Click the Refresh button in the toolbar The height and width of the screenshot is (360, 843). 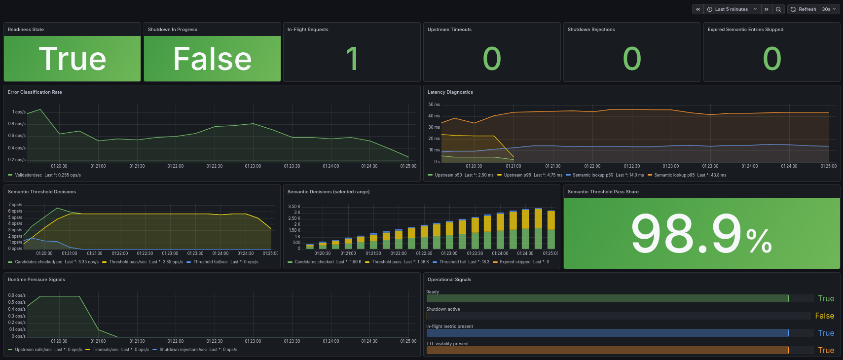(x=804, y=9)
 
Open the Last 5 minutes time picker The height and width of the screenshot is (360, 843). (x=732, y=9)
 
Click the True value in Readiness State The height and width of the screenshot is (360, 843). (x=73, y=59)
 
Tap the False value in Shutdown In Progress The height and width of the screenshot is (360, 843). (x=212, y=59)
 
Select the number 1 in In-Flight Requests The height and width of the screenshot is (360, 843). (x=352, y=59)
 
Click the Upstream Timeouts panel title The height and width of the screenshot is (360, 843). (x=449, y=30)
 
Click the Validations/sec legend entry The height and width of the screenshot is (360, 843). (x=28, y=175)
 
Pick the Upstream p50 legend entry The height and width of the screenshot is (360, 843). (x=448, y=175)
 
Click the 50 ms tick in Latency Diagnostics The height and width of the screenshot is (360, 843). (x=434, y=105)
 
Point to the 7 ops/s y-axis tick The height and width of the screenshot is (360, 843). (x=15, y=205)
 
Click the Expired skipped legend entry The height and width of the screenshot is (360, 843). (x=514, y=262)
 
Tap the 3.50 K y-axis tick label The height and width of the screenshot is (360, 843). (x=294, y=207)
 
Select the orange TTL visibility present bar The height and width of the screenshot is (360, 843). (x=607, y=350)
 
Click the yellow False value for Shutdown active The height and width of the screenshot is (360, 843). (x=824, y=316)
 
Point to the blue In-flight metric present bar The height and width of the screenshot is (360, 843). (x=607, y=333)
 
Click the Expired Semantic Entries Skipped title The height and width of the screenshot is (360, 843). (x=745, y=30)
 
